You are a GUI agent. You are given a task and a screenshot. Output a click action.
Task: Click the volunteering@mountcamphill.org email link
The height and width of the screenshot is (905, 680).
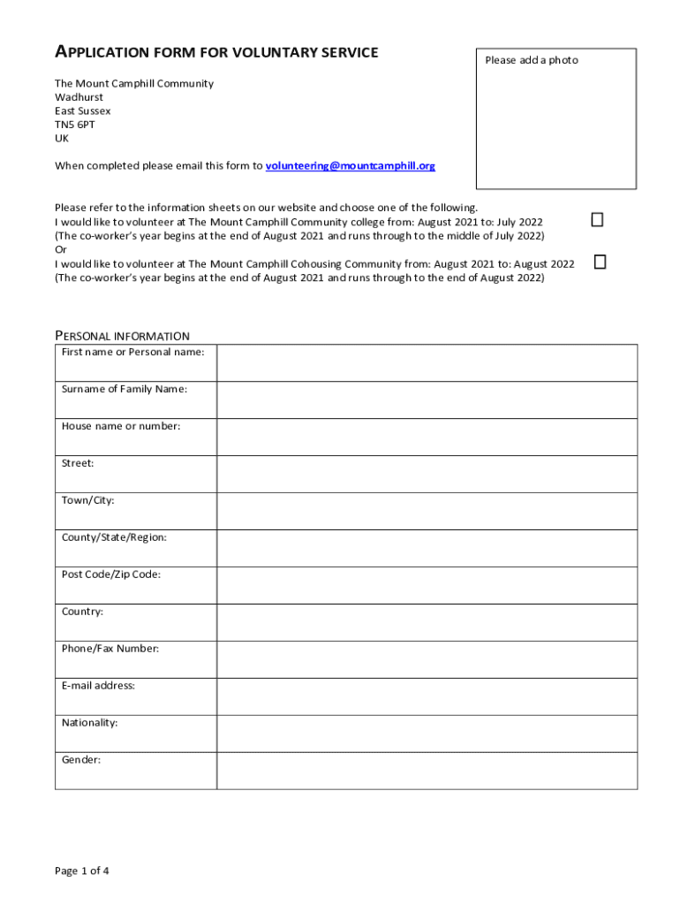pyautogui.click(x=350, y=166)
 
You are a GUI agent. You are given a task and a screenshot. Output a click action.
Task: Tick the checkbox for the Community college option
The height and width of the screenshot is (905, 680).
pyautogui.click(x=597, y=220)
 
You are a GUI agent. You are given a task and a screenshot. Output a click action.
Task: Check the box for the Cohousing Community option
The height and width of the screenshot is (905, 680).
pyautogui.click(x=601, y=262)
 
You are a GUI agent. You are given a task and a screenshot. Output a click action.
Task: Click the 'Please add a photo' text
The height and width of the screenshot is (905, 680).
pyautogui.click(x=532, y=60)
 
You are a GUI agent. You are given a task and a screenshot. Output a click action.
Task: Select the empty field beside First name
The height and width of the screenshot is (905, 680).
pyautogui.click(x=427, y=362)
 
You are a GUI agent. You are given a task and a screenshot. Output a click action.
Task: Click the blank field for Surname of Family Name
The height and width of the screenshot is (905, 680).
pyautogui.click(x=427, y=399)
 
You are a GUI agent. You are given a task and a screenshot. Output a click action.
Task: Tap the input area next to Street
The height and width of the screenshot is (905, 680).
pyautogui.click(x=427, y=474)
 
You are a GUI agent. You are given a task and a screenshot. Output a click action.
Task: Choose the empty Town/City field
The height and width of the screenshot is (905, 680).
pyautogui.click(x=427, y=511)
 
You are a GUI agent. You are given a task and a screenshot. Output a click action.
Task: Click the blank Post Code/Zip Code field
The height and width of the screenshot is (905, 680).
pyautogui.click(x=427, y=585)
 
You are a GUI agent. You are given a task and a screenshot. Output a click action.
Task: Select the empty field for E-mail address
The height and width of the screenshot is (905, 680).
pyautogui.click(x=427, y=696)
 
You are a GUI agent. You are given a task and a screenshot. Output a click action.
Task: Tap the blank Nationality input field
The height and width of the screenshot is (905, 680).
pyautogui.click(x=427, y=734)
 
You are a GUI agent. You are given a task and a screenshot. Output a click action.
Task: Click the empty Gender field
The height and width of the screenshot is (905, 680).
pyautogui.click(x=427, y=771)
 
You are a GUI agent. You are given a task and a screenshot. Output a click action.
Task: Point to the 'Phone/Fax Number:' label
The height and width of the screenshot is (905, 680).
pyautogui.click(x=110, y=649)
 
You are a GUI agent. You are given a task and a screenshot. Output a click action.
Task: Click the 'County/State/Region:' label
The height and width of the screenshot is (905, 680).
pyautogui.click(x=114, y=537)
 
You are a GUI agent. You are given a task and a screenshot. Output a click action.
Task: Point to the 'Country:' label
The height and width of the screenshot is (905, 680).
pyautogui.click(x=82, y=612)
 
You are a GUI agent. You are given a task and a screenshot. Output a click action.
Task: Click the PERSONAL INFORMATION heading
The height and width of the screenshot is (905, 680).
pyautogui.click(x=122, y=336)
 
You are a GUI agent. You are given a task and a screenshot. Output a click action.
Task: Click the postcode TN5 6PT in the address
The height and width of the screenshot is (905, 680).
pyautogui.click(x=75, y=125)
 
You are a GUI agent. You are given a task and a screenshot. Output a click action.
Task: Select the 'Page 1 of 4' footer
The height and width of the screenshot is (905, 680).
pyautogui.click(x=82, y=871)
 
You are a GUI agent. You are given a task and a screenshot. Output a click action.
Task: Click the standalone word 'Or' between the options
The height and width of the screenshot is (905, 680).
pyautogui.click(x=61, y=249)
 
